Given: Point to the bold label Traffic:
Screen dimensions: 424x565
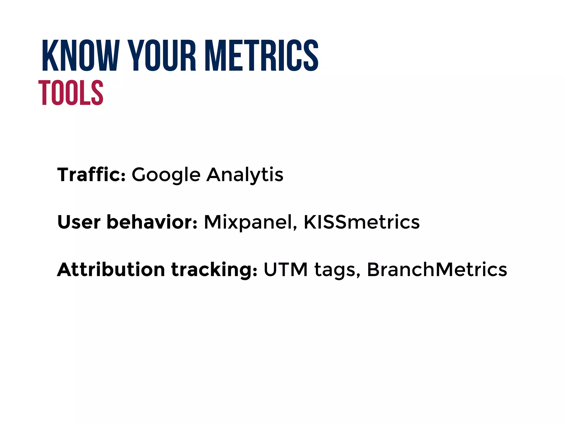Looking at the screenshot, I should tap(91, 174).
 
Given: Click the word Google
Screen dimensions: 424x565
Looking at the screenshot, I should tap(166, 175).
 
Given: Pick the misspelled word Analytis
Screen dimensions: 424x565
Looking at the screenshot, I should tap(245, 175).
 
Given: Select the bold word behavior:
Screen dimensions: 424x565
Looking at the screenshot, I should tap(152, 222).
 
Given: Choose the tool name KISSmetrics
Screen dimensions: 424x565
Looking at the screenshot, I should tap(361, 222).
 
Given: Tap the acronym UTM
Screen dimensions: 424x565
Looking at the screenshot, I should tap(286, 269).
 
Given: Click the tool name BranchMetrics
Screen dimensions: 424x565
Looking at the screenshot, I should tap(437, 269).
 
